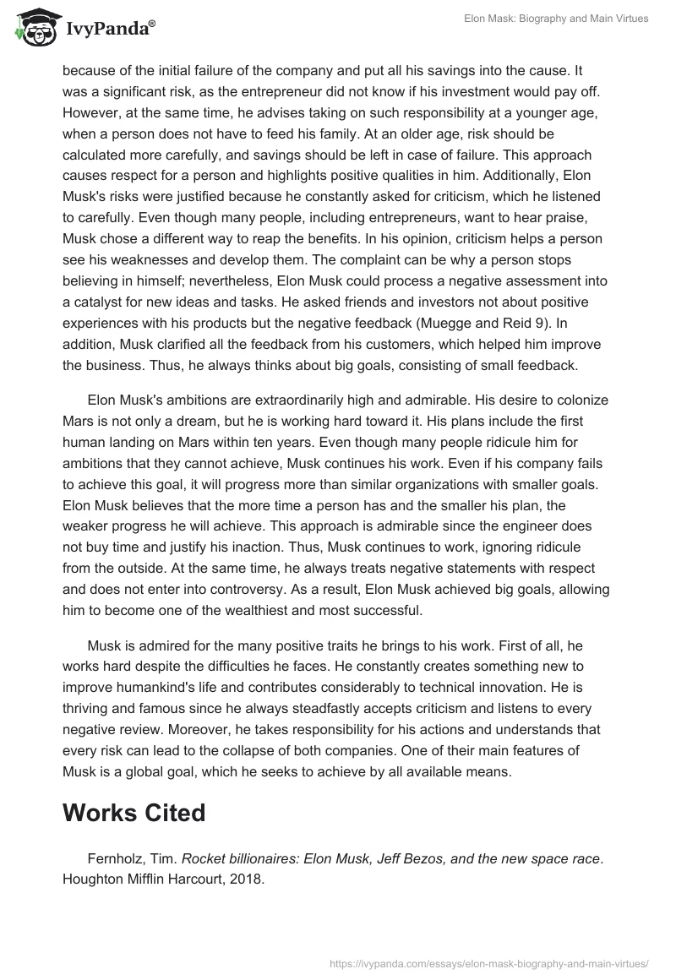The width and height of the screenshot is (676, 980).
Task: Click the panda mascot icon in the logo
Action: [x=35, y=27]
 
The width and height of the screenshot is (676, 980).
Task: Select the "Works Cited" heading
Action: [x=134, y=813]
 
